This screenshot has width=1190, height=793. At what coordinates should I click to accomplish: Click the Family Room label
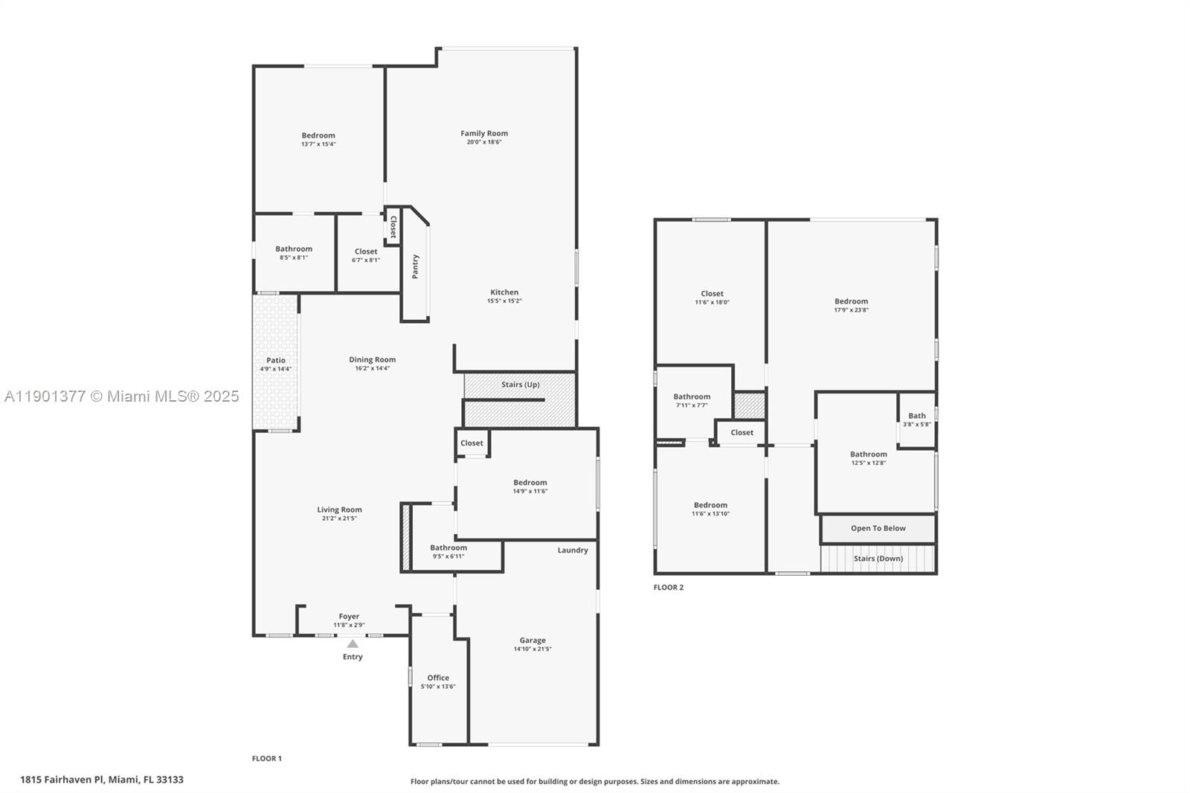(x=484, y=134)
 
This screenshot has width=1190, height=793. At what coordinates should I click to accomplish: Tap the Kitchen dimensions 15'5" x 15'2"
(x=504, y=301)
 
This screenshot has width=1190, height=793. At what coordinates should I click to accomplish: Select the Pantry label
(x=415, y=266)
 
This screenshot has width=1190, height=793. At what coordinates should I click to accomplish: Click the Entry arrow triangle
(x=353, y=644)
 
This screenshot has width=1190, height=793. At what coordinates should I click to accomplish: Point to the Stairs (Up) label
(x=520, y=385)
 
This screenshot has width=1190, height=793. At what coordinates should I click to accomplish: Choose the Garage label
(x=533, y=640)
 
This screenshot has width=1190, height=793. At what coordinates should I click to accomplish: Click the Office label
(x=438, y=678)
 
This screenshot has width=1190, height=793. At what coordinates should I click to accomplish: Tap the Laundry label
(x=573, y=550)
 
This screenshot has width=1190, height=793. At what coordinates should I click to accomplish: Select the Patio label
(x=276, y=360)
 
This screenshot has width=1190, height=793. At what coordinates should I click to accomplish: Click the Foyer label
(x=349, y=617)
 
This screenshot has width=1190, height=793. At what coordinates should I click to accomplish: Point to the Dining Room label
(x=373, y=360)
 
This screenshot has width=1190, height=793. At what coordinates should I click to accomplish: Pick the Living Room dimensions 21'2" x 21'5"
(x=340, y=518)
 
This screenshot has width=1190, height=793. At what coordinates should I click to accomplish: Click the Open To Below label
(x=878, y=528)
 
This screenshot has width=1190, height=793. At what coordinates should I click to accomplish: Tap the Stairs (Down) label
(x=878, y=559)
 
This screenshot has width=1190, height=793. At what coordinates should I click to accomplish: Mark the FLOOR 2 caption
(x=668, y=588)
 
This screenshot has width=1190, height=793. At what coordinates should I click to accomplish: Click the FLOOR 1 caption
(x=266, y=759)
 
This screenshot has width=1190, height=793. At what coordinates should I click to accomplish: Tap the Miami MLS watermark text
(x=121, y=396)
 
